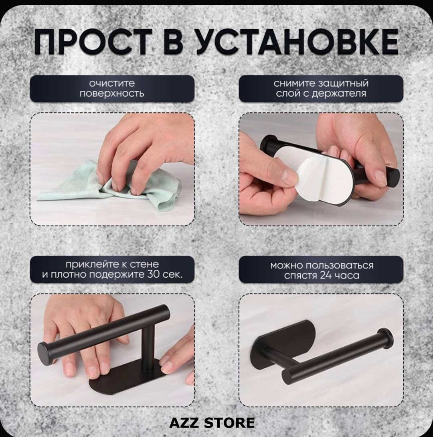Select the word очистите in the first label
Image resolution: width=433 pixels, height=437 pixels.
112,83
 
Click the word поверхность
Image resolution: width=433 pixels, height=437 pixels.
112,93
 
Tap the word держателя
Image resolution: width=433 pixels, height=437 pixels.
339,93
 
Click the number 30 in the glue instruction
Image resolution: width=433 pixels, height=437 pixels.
153,274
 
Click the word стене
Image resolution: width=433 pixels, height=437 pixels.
144,264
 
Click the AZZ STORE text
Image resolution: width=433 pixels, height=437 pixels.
212,423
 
